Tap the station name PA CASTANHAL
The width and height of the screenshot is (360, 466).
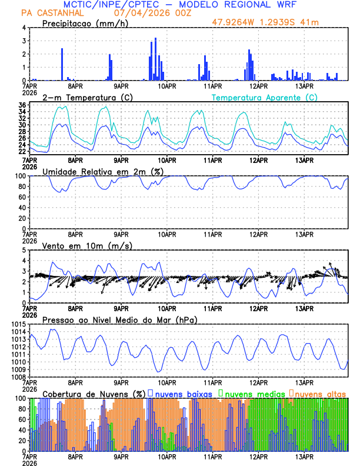51,12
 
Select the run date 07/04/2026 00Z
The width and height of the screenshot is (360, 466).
145,12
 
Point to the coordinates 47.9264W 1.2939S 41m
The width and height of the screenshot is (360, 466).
272,23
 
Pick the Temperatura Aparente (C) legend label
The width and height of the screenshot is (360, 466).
265,97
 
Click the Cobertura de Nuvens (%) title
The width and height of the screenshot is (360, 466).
94,393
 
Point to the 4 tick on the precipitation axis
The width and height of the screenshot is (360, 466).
24,28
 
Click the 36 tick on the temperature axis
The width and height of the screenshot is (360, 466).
22,105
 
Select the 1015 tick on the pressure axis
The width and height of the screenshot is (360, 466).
18,324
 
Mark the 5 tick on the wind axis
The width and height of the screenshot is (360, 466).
24,250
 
